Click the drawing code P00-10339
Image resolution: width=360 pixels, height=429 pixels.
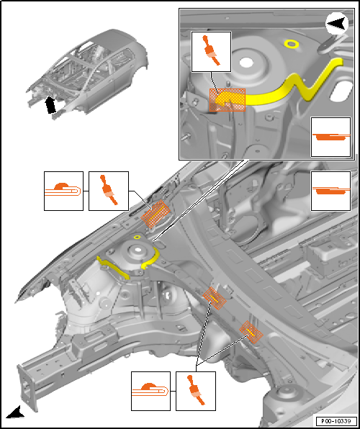(x=336, y=420)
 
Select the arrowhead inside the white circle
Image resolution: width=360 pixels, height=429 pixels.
(x=338, y=24)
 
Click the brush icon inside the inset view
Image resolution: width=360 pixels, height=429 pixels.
(x=211, y=51)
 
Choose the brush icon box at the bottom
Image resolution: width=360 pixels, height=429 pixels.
(x=195, y=391)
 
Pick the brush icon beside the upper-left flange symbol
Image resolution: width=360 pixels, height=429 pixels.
(x=109, y=191)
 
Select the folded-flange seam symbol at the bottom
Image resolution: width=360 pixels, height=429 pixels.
(x=150, y=391)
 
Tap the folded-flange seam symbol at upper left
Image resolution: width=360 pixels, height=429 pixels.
(x=63, y=191)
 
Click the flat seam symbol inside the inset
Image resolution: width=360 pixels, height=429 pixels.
(x=330, y=137)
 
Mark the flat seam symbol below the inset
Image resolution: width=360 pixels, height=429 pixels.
(x=330, y=191)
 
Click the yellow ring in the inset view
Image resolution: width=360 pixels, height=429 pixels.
(x=291, y=43)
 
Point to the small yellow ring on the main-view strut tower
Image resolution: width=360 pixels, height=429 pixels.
(x=137, y=237)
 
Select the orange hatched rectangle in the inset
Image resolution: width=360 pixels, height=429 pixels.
(x=228, y=100)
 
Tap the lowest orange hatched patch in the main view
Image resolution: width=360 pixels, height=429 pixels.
(x=251, y=332)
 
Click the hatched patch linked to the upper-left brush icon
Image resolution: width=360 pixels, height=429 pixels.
(x=156, y=214)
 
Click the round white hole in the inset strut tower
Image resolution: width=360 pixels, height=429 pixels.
(x=246, y=63)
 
